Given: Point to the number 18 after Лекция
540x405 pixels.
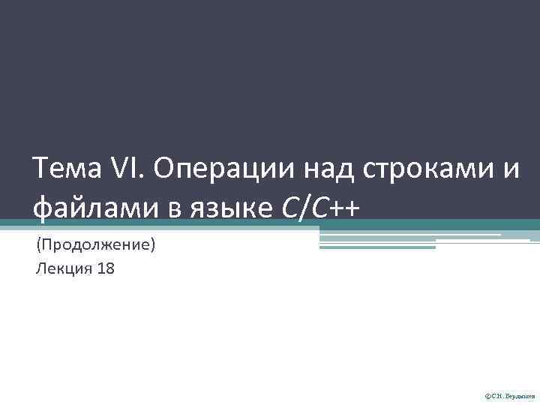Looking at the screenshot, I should point(106,268).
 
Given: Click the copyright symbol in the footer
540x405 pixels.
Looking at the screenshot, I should point(488,394).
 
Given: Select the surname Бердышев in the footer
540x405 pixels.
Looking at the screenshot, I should point(518,394).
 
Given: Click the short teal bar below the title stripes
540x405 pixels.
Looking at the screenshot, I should point(377,247).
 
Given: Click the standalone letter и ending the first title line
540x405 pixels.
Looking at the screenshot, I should point(510,172).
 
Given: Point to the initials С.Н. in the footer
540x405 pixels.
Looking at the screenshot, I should point(498,394).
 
